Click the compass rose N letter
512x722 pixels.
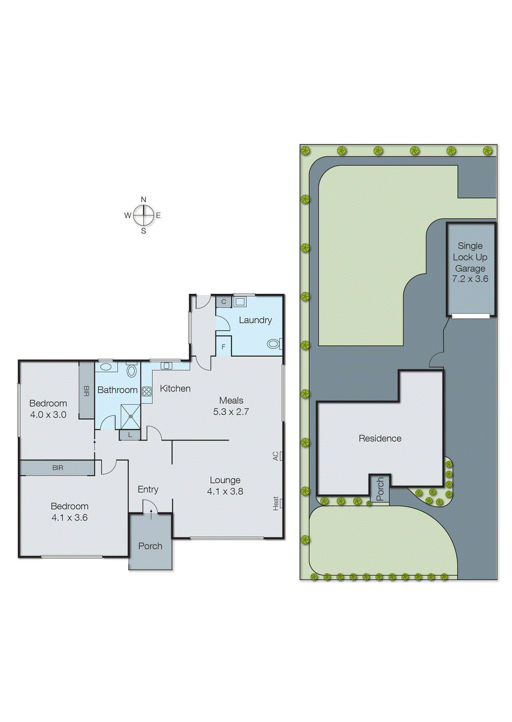point(144,199)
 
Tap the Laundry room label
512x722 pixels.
point(255,320)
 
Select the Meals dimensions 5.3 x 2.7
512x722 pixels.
point(231,412)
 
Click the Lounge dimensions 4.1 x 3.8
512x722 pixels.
point(225,491)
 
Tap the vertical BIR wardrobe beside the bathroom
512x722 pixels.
point(86,390)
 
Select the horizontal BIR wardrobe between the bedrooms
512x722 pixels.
point(57,468)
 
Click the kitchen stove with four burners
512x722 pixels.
point(146,391)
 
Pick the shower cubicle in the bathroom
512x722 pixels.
point(131,417)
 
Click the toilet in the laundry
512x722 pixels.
point(273,344)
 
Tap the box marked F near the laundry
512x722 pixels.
point(223,347)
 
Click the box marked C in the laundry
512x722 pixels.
point(224,302)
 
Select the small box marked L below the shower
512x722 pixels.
point(130,435)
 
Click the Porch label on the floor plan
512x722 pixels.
point(150,546)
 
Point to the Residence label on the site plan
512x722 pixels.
point(380,438)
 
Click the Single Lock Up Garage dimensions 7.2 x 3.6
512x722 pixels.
point(470,279)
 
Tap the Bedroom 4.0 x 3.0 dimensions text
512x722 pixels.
point(48,415)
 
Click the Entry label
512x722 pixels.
point(148,489)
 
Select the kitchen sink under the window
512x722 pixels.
point(166,366)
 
